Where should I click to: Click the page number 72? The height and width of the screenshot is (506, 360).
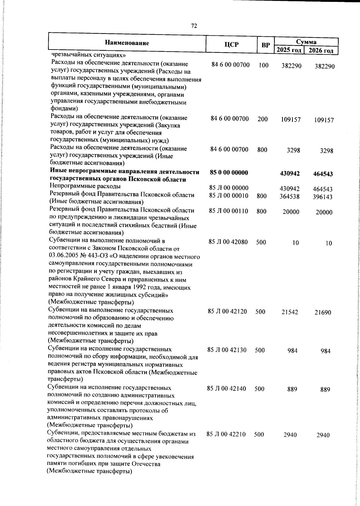[x=194, y=26]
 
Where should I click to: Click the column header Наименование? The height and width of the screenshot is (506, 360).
[x=127, y=43]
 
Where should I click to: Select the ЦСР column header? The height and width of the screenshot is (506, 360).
[x=231, y=44]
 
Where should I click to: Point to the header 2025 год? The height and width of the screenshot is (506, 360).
[x=289, y=50]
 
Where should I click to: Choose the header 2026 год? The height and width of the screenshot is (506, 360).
[x=321, y=50]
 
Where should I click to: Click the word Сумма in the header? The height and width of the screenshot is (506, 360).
[x=306, y=42]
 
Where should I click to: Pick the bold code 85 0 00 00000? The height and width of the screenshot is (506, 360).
[x=229, y=173]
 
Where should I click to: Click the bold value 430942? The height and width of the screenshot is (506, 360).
[x=289, y=173]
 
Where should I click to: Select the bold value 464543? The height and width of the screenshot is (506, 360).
[x=323, y=174]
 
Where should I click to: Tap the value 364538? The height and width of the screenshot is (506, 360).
[x=289, y=197]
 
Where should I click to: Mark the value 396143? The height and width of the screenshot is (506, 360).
[x=323, y=197]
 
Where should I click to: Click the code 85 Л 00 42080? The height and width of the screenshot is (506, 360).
[x=228, y=242]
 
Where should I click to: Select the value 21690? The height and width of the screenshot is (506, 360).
[x=323, y=312]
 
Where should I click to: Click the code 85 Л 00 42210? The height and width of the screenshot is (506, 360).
[x=226, y=434]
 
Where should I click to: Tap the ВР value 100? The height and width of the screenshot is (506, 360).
[x=264, y=65]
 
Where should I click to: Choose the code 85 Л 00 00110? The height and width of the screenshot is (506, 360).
[x=228, y=211]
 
